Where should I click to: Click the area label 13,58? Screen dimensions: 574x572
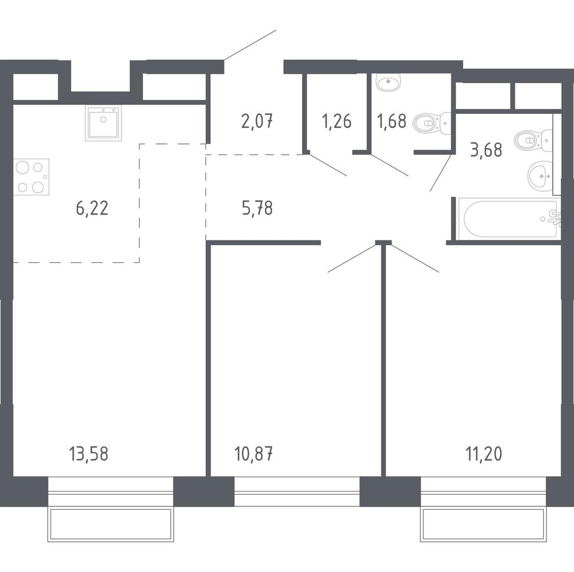88,454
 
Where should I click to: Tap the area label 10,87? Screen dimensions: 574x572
254,454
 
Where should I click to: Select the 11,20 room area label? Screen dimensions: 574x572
484,454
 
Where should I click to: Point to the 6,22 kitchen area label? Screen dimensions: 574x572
92,209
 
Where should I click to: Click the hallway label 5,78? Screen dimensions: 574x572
257,208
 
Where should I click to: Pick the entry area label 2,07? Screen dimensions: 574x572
257,121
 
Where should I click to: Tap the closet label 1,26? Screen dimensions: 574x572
337,121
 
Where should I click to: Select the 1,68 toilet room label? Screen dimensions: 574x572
392,121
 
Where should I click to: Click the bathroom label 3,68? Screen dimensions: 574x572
486,150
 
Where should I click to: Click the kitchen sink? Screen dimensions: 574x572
103,123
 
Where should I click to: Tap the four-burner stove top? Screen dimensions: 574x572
31,177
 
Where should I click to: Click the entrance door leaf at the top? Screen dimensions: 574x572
250,45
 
